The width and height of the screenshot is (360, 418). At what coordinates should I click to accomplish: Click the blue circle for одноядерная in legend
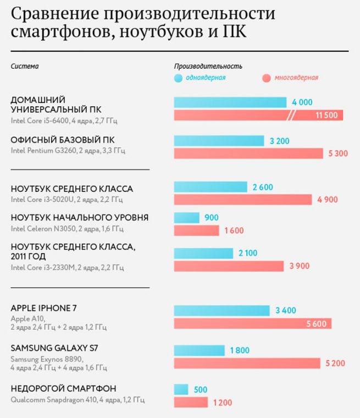click(x=178, y=78)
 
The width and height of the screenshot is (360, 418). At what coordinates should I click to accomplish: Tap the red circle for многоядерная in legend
click(x=267, y=78)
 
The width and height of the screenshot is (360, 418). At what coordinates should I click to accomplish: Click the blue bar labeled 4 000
click(x=230, y=102)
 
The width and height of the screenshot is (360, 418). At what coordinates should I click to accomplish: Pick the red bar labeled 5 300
click(x=248, y=153)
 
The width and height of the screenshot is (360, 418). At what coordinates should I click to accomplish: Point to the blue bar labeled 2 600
click(x=211, y=187)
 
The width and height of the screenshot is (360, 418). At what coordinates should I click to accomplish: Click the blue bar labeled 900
click(x=186, y=218)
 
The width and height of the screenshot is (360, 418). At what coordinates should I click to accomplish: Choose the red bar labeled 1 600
click(x=196, y=230)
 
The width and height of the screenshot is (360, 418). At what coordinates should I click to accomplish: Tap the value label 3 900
click(x=300, y=266)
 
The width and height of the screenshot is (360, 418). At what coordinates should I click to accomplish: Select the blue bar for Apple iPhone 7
click(x=221, y=311)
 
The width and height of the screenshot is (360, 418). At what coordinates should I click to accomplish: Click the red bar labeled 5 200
click(x=247, y=363)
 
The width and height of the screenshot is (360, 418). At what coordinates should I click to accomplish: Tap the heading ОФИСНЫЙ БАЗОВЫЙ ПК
click(x=63, y=140)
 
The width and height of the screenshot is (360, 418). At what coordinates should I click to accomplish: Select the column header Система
click(x=25, y=67)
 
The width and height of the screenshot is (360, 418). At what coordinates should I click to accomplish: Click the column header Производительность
click(x=208, y=67)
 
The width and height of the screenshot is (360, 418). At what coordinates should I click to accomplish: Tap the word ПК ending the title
click(x=235, y=32)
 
